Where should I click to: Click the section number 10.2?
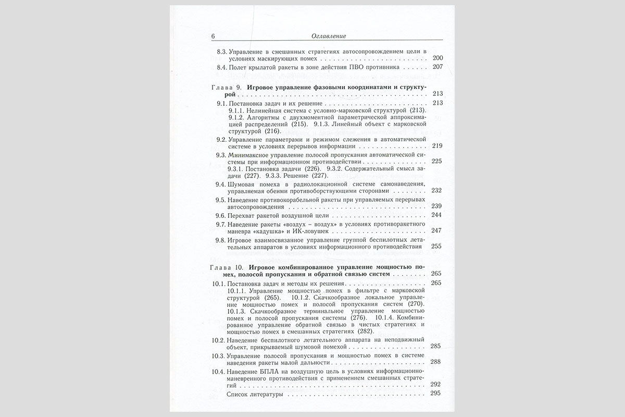pyautogui.click(x=219, y=340)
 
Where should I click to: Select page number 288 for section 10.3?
pyautogui.click(x=436, y=362)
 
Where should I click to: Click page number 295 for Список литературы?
pyautogui.click(x=436, y=395)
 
